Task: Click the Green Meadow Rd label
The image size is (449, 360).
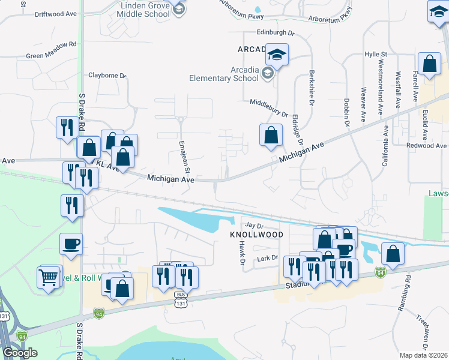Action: pos(52,44)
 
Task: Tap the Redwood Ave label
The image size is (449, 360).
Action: pos(426,146)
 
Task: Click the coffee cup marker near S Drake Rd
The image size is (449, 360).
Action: pos(71,244)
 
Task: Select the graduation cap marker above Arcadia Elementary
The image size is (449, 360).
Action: pos(277,55)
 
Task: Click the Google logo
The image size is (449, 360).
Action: pos(20,353)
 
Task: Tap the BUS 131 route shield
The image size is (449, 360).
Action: pos(181,299)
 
